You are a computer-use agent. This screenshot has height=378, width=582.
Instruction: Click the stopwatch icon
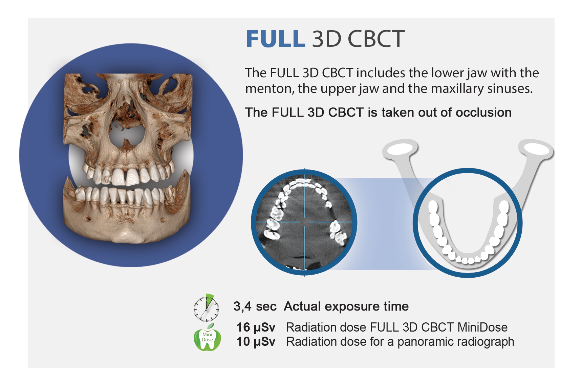206,308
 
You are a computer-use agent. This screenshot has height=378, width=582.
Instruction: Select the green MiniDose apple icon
207,337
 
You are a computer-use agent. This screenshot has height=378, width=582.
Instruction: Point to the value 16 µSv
256,328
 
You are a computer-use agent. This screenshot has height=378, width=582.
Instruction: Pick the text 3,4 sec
255,306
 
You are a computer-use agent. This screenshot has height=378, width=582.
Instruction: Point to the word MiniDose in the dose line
482,327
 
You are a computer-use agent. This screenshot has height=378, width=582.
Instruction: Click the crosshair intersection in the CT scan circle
304,222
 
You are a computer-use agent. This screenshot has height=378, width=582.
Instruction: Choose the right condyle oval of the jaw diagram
536,149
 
